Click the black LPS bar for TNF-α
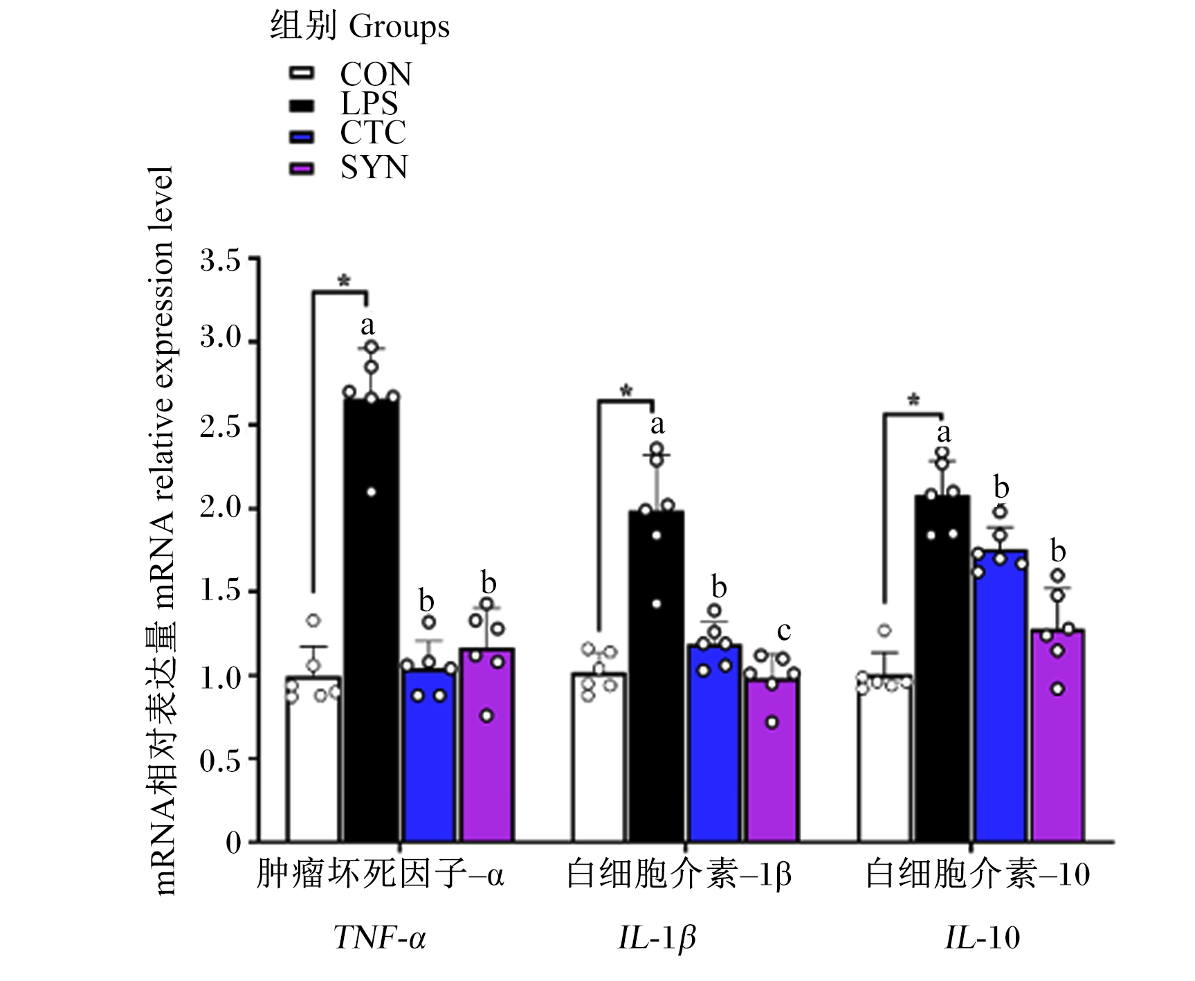click(372, 620)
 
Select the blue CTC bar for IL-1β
click(714, 744)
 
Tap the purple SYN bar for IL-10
click(1058, 736)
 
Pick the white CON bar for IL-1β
click(599, 757)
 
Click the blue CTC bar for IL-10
click(1001, 696)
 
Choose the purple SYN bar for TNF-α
click(487, 746)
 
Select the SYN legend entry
click(349, 168)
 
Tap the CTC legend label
click(373, 132)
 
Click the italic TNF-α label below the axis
click(380, 938)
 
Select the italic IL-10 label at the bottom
click(983, 938)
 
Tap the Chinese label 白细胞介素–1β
click(678, 875)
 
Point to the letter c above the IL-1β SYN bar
click(783, 631)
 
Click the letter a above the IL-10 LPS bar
click(944, 434)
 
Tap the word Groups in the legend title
click(399, 27)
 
